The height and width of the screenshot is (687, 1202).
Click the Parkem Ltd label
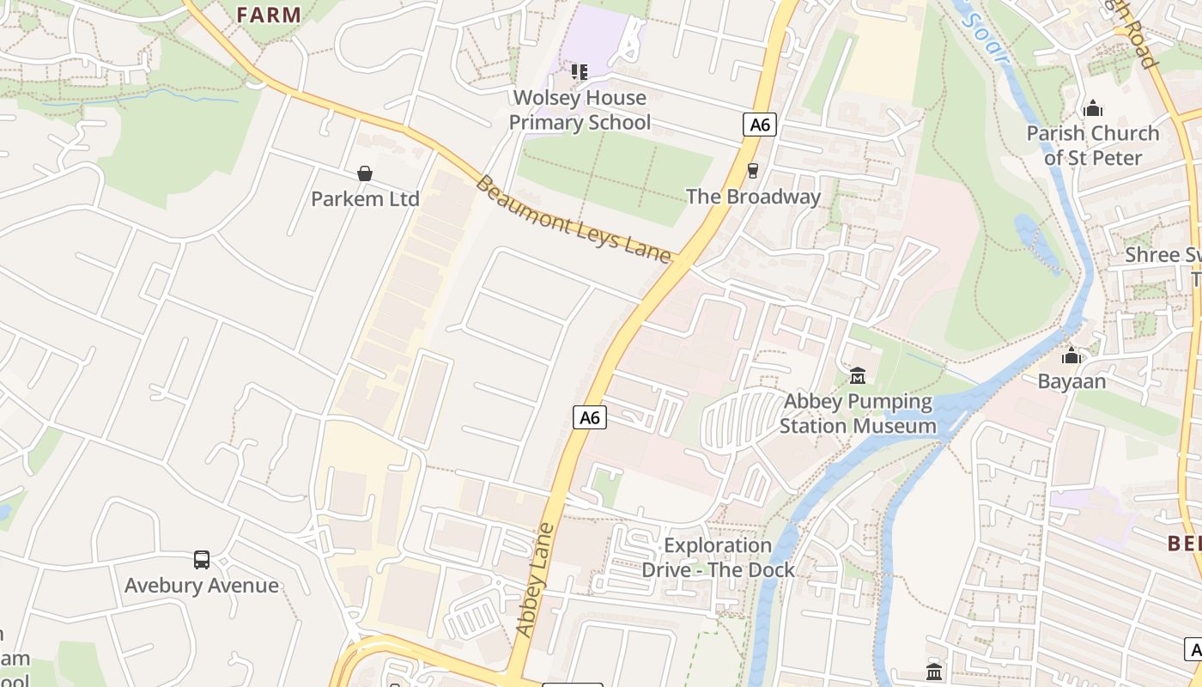(365, 199)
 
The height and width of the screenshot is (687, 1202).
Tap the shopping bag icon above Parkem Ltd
(365, 174)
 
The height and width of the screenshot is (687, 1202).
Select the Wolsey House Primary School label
(580, 110)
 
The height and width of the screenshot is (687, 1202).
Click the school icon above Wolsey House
(580, 72)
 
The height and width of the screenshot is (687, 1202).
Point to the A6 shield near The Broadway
(759, 125)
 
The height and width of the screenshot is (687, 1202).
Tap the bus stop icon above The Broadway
(753, 171)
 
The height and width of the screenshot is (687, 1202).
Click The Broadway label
(753, 197)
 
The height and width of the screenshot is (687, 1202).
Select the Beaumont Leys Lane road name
(574, 220)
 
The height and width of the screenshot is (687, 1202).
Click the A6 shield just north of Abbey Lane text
(590, 417)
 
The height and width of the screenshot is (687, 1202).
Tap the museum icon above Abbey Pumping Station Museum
(857, 376)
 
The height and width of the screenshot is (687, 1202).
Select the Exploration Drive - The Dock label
(718, 557)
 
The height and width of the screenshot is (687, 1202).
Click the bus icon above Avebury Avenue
(202, 560)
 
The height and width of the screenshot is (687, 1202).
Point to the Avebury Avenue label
(202, 586)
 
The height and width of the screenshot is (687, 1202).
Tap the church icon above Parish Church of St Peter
(1092, 108)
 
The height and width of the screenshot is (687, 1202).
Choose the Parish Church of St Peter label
(1092, 146)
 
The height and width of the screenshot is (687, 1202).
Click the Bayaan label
(1071, 381)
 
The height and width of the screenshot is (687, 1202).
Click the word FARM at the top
(269, 15)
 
